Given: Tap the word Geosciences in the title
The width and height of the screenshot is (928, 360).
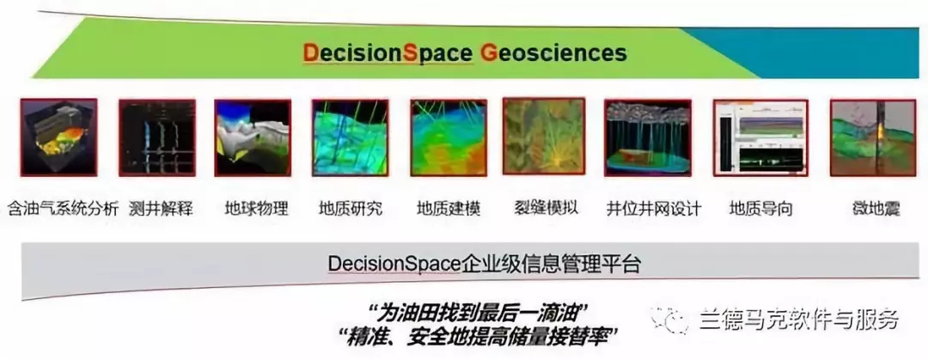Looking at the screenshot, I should pyautogui.click(x=553, y=54).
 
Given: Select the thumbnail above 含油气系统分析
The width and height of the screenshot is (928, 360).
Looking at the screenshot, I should pyautogui.click(x=59, y=137).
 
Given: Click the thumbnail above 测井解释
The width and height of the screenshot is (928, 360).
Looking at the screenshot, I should pyautogui.click(x=157, y=137).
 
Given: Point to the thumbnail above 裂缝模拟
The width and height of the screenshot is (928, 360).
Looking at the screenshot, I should pyautogui.click(x=543, y=137).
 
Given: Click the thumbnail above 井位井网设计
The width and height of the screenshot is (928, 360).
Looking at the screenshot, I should pyautogui.click(x=649, y=137).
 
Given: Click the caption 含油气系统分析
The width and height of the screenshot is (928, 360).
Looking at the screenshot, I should pyautogui.click(x=62, y=208).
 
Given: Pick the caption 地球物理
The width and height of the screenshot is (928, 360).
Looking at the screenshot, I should pyautogui.click(x=256, y=208).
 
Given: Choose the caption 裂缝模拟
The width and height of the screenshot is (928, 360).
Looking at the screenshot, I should pyautogui.click(x=546, y=208).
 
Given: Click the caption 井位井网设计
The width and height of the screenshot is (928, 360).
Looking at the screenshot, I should pyautogui.click(x=654, y=208).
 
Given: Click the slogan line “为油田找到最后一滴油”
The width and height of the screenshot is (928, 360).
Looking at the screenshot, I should pyautogui.click(x=480, y=311).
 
